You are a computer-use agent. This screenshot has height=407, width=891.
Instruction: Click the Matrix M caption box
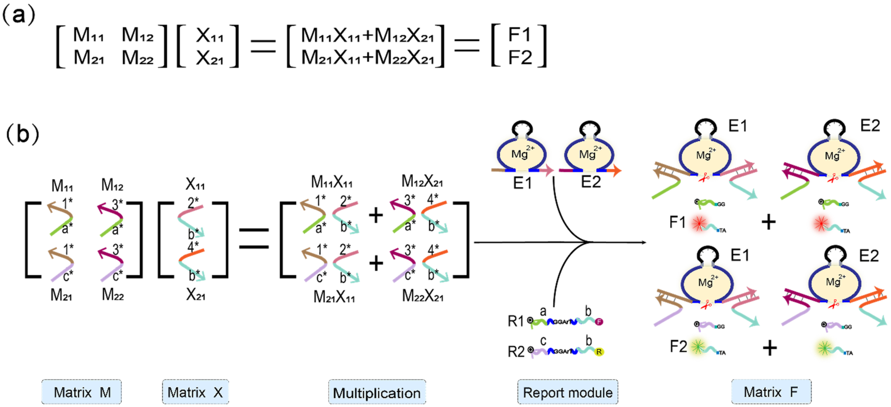click(81, 392)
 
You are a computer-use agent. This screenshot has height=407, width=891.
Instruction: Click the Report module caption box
click(567, 392)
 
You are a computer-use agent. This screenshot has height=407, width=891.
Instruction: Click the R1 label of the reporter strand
click(515, 321)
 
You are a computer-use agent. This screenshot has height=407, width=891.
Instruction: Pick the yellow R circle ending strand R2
click(599, 352)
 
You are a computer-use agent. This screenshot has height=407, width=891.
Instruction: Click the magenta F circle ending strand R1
click(599, 322)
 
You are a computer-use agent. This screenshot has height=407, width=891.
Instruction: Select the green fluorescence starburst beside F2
click(698, 346)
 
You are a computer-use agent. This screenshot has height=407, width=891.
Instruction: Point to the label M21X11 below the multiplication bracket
click(334, 297)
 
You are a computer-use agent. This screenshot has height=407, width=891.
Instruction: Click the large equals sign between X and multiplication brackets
click(254, 238)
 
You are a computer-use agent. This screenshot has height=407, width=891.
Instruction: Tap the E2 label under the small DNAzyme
click(591, 182)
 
